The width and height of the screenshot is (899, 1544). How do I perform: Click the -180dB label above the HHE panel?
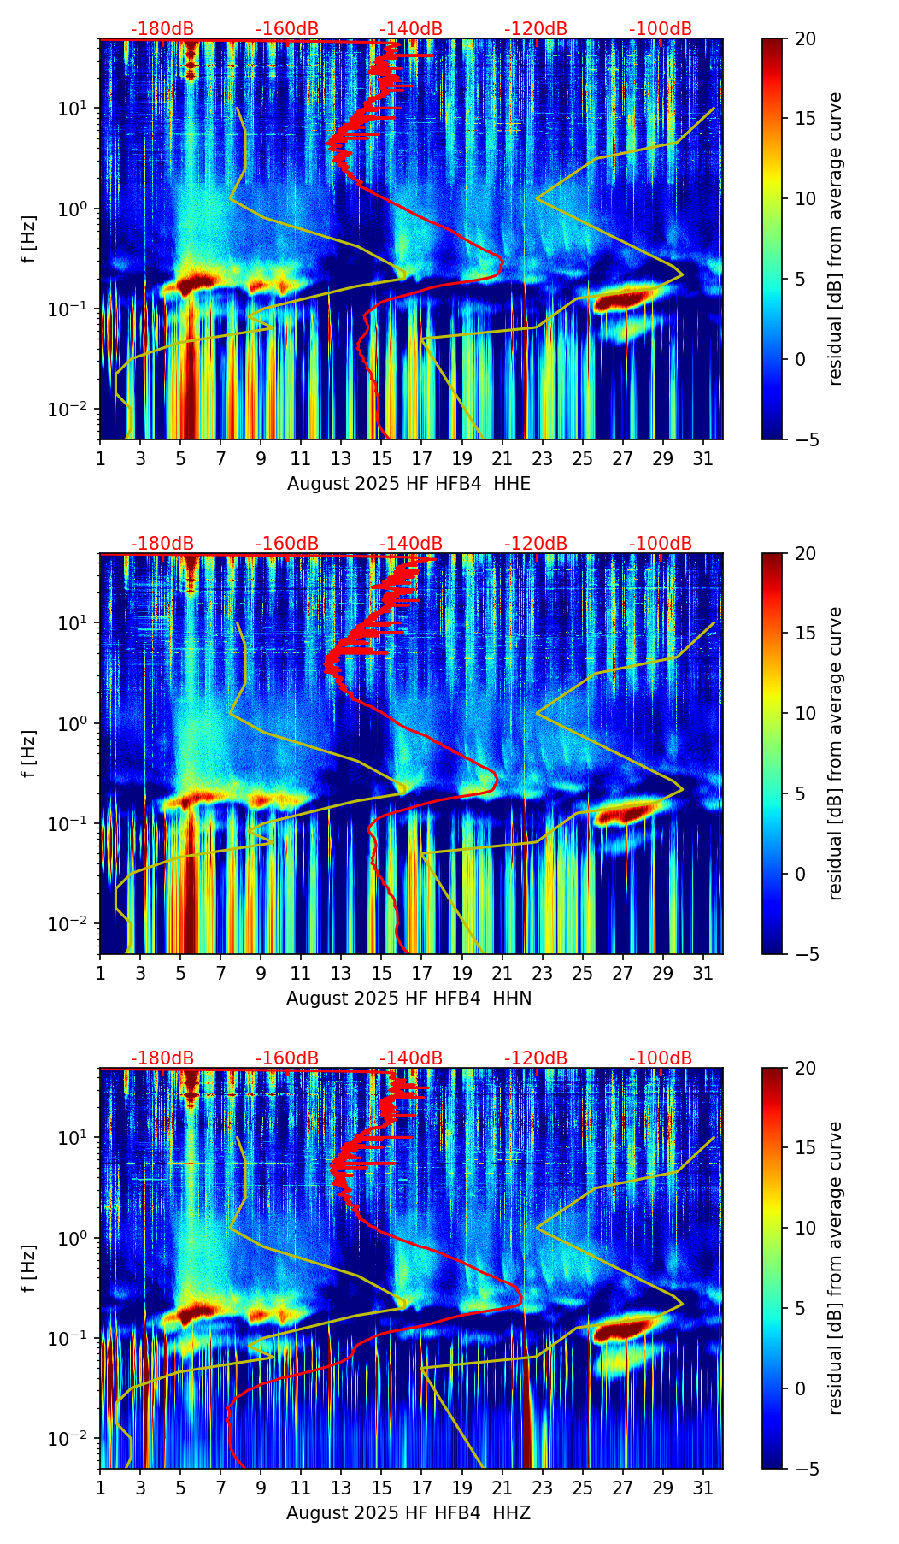(x=162, y=30)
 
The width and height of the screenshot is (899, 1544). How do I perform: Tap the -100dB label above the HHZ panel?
(x=661, y=1058)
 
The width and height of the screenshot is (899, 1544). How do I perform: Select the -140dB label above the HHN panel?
(x=411, y=544)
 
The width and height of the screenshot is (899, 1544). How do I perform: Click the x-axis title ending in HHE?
(x=408, y=484)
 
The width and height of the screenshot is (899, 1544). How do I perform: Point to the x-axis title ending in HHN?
(x=408, y=999)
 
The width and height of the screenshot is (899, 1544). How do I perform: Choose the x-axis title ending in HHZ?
(x=408, y=1513)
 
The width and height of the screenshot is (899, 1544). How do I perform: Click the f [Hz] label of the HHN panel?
(x=29, y=753)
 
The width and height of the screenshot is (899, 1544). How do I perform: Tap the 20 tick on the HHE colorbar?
(x=805, y=39)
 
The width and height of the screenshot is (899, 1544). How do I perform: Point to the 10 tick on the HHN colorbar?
(x=805, y=713)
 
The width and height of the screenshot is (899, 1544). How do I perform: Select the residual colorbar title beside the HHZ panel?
(x=836, y=1268)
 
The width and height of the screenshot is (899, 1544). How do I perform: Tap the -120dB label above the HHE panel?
(x=536, y=30)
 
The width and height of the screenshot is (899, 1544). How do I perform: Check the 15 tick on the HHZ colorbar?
(x=805, y=1147)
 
